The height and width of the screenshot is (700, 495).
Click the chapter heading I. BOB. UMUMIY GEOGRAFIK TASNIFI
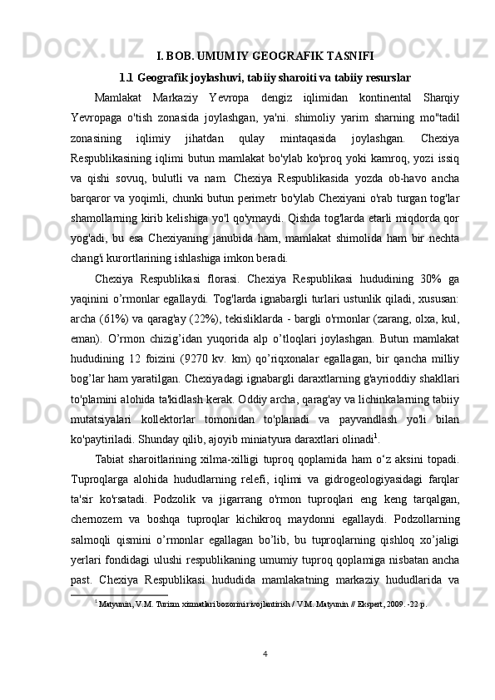pyautogui.click(x=265, y=57)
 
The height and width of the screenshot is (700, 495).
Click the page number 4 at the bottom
pyautogui.click(x=264, y=676)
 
